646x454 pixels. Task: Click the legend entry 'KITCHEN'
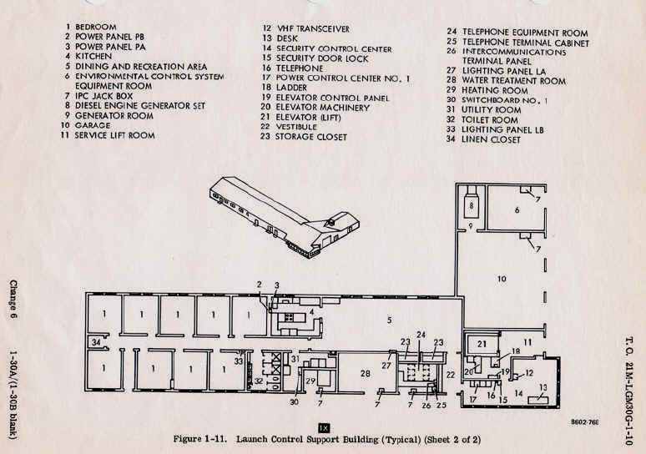coord(93,56)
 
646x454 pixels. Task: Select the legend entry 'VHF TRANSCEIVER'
coord(313,29)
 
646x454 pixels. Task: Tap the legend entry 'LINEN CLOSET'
coord(491,139)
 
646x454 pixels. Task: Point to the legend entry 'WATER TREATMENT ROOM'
coord(514,81)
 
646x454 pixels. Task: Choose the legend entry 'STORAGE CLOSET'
coord(311,137)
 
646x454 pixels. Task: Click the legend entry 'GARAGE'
coord(93,125)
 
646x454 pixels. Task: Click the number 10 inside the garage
coord(502,279)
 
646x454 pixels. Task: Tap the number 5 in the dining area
coord(389,320)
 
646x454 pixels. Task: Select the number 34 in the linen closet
coord(96,342)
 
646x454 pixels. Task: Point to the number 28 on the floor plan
coord(365,374)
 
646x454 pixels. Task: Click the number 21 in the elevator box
coord(482,344)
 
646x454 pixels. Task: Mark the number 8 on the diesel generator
coord(471,205)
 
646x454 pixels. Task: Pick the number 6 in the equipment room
coord(517,210)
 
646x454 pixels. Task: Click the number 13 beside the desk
coord(543,388)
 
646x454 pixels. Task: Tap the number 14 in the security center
coord(518,393)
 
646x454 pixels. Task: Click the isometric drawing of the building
coord(285,217)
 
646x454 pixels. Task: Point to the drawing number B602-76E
coord(585,421)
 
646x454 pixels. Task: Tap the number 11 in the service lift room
coord(527,342)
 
